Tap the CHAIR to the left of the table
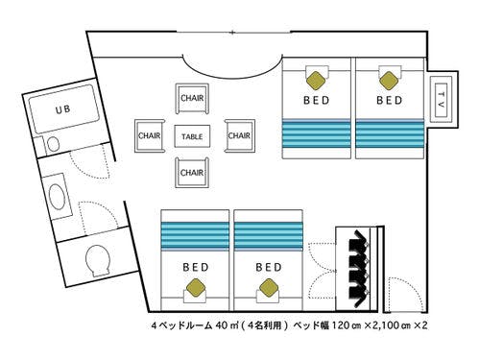point(149,135)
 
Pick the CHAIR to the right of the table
point(239,135)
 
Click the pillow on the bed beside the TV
point(388,76)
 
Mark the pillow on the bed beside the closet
point(270,286)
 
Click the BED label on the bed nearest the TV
point(389,99)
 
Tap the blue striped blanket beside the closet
point(270,233)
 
